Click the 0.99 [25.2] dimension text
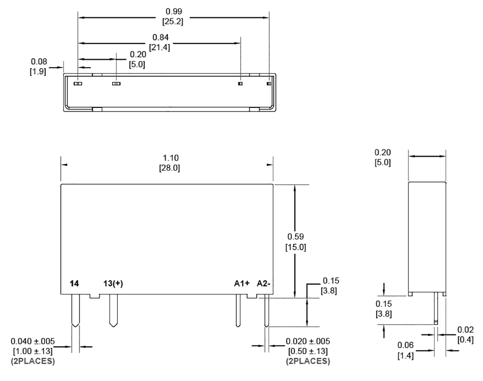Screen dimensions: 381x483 [173, 16]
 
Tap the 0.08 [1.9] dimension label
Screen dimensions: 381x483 [38, 66]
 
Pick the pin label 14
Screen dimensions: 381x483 [75, 283]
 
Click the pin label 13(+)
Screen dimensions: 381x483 [113, 283]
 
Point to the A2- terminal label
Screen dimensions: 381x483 [264, 283]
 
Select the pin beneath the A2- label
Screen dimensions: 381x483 [267, 310]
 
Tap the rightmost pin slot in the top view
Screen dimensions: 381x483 [269, 84]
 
